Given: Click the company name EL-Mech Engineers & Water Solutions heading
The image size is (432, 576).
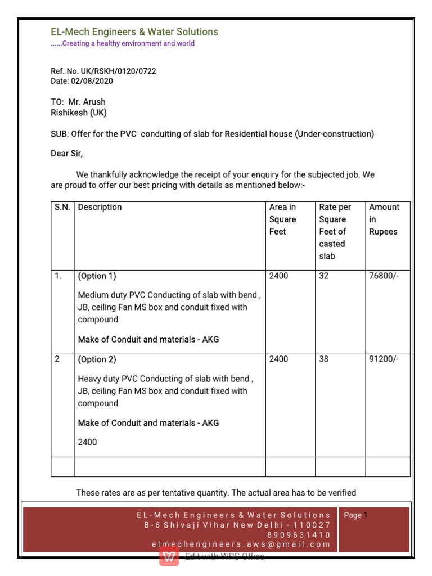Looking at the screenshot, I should tap(134, 31).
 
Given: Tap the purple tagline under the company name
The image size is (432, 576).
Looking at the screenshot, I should tap(123, 44).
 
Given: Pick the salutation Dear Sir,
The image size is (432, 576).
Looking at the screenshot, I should tap(70, 153).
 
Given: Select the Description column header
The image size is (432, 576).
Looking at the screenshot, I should tap(100, 207).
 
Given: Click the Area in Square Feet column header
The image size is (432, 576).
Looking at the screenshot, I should tap(282, 219).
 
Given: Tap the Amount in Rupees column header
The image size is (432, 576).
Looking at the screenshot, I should tap(384, 219).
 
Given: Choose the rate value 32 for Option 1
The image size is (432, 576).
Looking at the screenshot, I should tap(324, 276).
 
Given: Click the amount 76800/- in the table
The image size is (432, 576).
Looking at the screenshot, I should tap(384, 276).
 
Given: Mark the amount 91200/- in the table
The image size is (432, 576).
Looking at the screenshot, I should tap(384, 359).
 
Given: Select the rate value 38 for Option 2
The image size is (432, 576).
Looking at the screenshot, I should tap(324, 359).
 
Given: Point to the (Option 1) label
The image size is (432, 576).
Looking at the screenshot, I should tap(97, 276).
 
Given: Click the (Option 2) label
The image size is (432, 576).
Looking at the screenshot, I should tap(97, 359).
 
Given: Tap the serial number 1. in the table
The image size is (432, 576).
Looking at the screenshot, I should tap(58, 276).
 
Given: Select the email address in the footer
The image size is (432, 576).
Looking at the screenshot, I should tap(241, 544).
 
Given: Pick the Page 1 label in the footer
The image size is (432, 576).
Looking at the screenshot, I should tap(355, 515).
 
